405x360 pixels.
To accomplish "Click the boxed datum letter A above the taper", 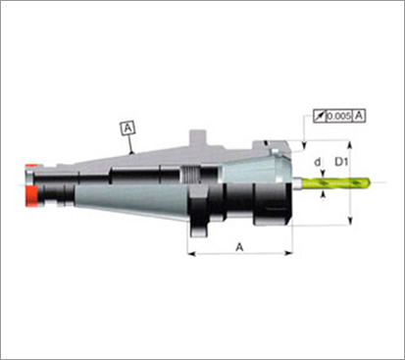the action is (x=127, y=128).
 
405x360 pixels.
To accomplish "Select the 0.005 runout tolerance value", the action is (x=339, y=116).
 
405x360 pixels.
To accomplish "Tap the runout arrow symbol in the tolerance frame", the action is (x=320, y=116).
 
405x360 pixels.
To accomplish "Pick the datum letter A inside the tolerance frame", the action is (x=359, y=116).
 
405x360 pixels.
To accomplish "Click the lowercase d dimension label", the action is (x=317, y=162).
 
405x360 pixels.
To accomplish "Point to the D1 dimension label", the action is (x=341, y=162).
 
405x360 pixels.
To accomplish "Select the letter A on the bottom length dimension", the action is (x=239, y=247).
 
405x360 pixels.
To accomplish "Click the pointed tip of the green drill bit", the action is (x=371, y=182).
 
